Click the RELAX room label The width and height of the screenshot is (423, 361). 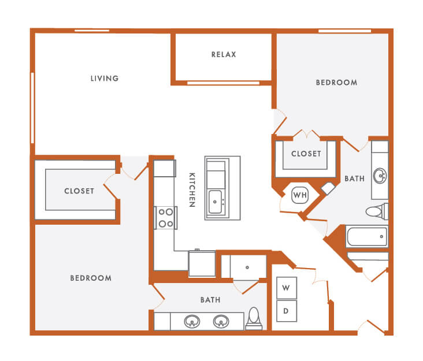point(224,55)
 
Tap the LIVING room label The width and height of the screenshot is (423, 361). point(105,79)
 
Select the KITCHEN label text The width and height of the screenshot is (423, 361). point(192,190)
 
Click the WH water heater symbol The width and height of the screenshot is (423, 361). point(300,195)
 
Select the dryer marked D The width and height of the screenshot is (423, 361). point(286,311)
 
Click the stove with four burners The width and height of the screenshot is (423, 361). point(166,218)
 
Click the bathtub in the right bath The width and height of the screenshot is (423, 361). point(366,236)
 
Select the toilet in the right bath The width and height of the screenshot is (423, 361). point(375,211)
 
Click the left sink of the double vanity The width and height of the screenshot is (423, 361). point(192,321)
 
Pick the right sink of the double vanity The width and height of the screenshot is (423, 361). point(221,321)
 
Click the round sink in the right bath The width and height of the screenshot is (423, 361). point(380,175)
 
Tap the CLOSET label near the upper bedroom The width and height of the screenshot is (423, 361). point(306,154)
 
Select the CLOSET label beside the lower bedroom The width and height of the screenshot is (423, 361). point(79,191)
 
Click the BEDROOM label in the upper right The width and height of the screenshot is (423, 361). point(336,83)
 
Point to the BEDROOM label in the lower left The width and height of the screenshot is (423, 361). point(91,278)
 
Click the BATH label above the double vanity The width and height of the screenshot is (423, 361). point(210,300)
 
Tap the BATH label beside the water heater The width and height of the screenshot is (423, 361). point(354,179)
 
